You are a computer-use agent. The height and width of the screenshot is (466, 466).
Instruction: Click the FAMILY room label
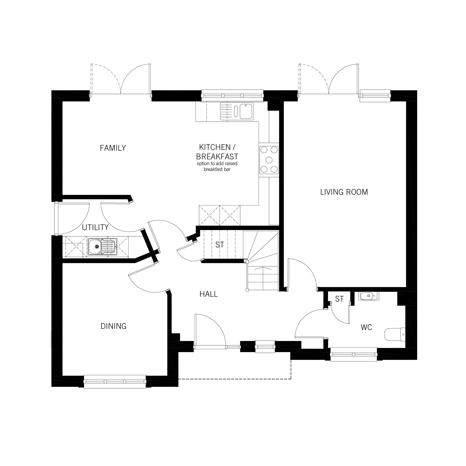[x=113, y=148]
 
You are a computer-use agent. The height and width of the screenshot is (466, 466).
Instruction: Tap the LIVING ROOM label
[x=344, y=192]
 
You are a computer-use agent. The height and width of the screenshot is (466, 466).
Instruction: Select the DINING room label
[x=113, y=326]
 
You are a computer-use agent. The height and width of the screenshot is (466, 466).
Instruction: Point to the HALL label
[x=208, y=294]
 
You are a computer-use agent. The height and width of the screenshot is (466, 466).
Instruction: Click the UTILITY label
[x=95, y=227]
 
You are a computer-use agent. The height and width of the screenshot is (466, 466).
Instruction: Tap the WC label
[x=366, y=327]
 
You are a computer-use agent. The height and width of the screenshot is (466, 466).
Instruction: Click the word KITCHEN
[x=215, y=147]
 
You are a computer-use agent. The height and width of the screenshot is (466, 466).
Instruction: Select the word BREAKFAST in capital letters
[x=217, y=157]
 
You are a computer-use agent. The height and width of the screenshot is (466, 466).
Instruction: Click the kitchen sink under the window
[x=237, y=111]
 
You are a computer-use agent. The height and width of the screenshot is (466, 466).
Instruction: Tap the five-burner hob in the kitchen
[x=269, y=160]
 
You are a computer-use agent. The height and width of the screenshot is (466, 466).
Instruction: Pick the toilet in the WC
[x=395, y=334]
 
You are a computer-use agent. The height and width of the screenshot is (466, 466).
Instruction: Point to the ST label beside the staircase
[x=220, y=245]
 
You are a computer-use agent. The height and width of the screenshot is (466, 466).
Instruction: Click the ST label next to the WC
[x=339, y=299]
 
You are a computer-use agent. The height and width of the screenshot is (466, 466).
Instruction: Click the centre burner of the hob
[x=269, y=159]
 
